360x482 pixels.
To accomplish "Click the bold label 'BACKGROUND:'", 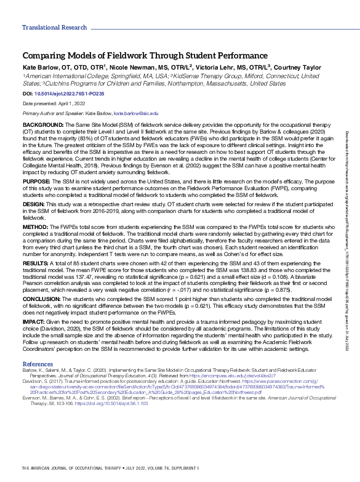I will (x=42, y=124).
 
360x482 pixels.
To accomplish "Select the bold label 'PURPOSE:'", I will (x=36, y=182).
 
